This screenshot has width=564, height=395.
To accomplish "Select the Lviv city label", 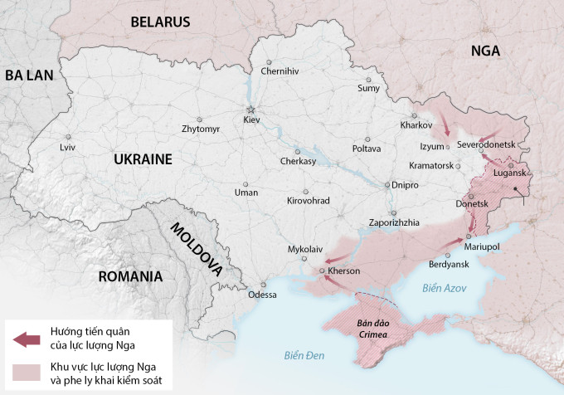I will click(67, 147).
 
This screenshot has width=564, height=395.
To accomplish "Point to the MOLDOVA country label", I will click(196, 248).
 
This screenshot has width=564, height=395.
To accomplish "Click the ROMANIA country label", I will click(130, 276).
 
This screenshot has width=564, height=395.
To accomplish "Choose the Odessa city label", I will click(262, 295).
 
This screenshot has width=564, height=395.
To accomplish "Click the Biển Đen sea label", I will click(303, 356).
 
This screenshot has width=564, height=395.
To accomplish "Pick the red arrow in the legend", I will click(27, 339).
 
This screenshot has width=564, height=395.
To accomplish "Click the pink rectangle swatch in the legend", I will click(27, 373).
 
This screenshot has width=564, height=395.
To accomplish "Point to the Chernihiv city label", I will click(280, 71).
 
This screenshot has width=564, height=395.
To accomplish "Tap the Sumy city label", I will click(368, 88).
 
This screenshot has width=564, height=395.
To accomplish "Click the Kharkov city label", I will click(416, 125).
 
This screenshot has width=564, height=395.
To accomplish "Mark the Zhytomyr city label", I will click(201, 129).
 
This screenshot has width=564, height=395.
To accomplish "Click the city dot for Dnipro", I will click(387, 185).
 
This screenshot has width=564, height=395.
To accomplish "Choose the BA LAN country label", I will click(29, 76).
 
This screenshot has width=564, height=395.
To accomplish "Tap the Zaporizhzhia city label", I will click(394, 222).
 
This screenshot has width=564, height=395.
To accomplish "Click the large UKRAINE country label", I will click(143, 159).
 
